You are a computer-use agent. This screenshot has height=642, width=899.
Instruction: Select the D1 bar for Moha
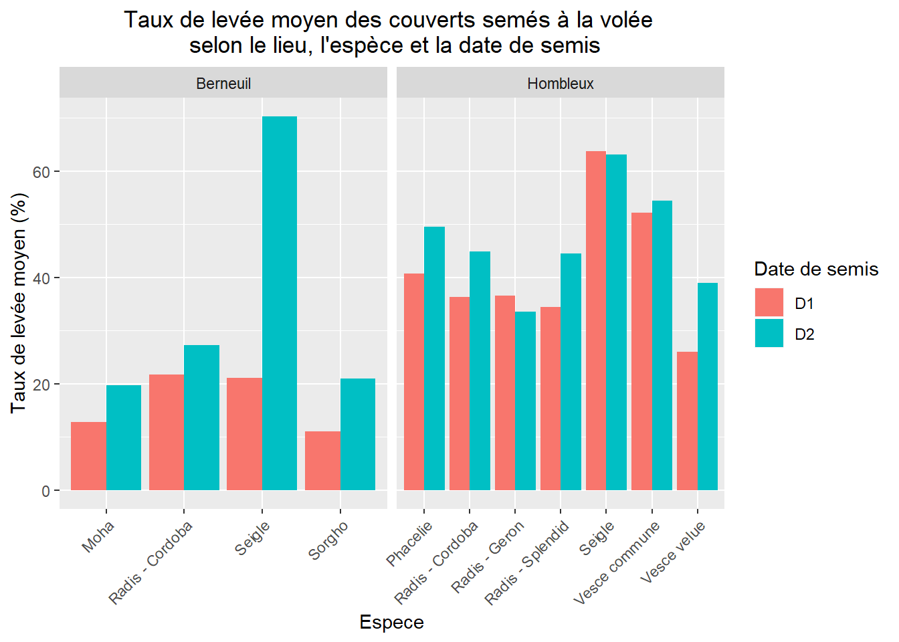88,456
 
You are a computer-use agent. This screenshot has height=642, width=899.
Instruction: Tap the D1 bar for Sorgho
322,461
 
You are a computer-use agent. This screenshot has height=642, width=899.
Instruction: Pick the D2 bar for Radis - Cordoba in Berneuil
201,417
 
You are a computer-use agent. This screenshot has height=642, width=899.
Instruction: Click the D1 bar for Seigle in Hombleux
596,321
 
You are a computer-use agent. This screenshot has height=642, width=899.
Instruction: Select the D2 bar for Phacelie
434,358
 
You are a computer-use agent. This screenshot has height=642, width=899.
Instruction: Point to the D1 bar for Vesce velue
687,421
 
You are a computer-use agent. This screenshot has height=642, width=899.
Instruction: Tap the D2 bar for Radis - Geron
525,401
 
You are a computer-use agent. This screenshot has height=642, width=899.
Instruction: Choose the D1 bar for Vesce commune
641,351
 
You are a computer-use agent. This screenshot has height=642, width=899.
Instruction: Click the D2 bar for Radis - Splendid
571,372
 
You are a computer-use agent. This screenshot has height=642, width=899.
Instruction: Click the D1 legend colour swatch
769,302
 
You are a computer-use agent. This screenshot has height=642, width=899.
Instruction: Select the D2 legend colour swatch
769,333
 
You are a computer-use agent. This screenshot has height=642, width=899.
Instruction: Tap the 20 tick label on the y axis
41,385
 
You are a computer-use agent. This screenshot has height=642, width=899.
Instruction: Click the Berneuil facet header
223,84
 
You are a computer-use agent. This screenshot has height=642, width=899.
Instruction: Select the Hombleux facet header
561,84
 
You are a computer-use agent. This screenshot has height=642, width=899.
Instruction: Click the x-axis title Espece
391,622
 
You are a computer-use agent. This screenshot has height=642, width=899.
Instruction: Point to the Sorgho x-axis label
328,540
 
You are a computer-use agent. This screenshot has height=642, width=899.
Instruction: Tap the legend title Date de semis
816,269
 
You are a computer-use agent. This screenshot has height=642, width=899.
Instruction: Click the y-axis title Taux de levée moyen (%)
19,303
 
